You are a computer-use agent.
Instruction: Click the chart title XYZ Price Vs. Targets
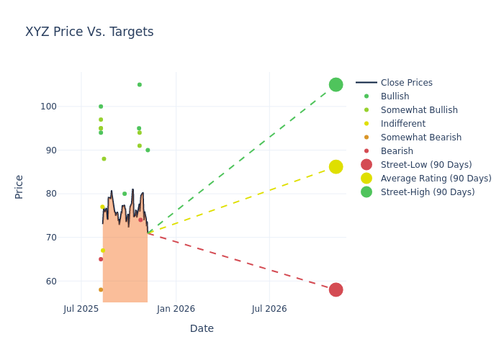[89, 32]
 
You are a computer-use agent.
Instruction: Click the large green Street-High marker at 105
[336, 85]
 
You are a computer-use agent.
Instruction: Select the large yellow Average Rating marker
[336, 167]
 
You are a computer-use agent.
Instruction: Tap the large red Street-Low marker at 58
[336, 290]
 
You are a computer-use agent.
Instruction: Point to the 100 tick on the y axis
[68, 107]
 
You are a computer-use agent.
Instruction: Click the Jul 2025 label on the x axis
[81, 309]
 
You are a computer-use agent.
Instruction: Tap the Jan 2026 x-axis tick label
[176, 309]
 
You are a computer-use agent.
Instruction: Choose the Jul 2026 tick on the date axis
[269, 309]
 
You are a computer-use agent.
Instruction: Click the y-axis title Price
[19, 186]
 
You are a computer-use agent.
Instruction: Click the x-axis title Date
[202, 328]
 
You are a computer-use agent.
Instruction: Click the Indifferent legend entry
[402, 124]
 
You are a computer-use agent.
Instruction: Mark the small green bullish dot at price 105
[140, 85]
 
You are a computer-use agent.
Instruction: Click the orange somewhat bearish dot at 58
[101, 290]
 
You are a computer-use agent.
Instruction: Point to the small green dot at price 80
[125, 194]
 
